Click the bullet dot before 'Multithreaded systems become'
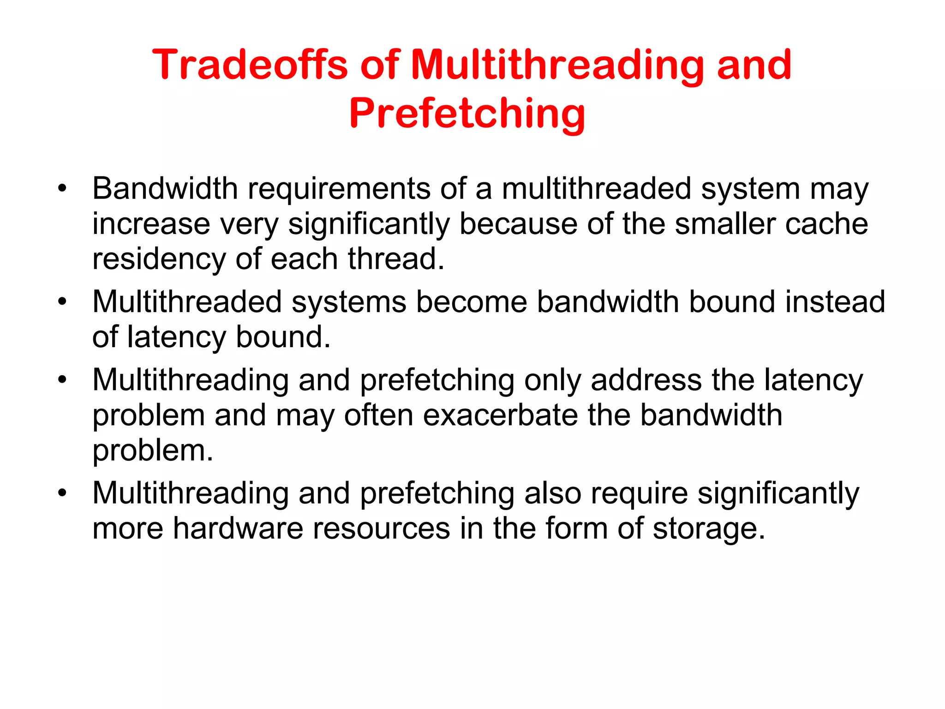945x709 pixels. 62,301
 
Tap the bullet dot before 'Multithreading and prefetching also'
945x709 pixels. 62,493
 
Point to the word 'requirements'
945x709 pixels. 339,189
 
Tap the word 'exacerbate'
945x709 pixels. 500,415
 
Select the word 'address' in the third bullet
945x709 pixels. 646,380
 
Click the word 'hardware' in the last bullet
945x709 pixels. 238,528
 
